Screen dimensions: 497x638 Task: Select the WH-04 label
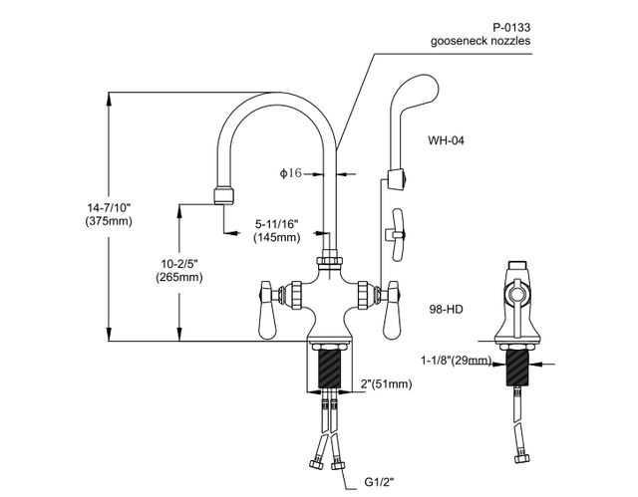point(446,140)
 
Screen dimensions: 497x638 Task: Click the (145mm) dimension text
point(276,238)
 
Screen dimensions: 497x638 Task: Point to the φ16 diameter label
point(290,172)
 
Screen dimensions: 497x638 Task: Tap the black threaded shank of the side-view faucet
point(517,366)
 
